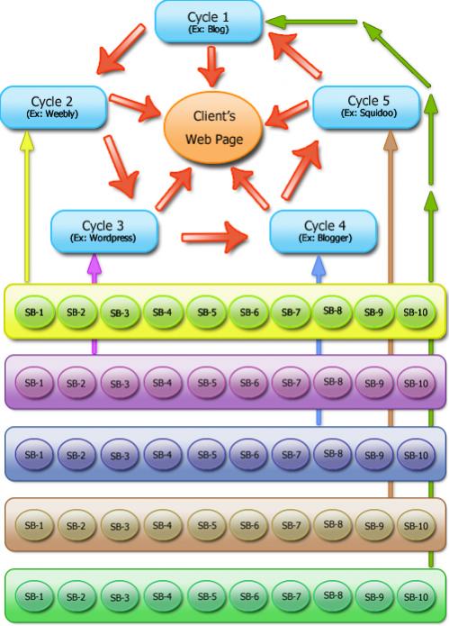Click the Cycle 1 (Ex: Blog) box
tap(208, 22)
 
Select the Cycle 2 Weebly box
tap(53, 107)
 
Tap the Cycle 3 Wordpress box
tap(104, 231)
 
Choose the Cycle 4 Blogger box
tap(323, 231)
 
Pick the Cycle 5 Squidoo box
tap(367, 107)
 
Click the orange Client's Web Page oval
tap(213, 128)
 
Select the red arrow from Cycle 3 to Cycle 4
tap(214, 237)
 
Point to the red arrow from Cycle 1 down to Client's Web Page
tap(211, 67)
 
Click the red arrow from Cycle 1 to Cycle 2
tap(121, 50)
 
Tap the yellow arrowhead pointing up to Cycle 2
tap(27, 141)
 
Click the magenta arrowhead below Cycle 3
tap(94, 264)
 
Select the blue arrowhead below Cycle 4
tap(319, 265)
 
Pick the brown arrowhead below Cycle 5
tap(391, 141)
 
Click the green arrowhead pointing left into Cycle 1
tap(275, 22)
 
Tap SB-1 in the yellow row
tap(34, 313)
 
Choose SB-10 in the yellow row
tap(416, 313)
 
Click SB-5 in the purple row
tap(207, 383)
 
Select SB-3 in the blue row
tap(120, 455)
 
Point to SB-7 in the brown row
tap(292, 525)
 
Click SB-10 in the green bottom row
tap(416, 597)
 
